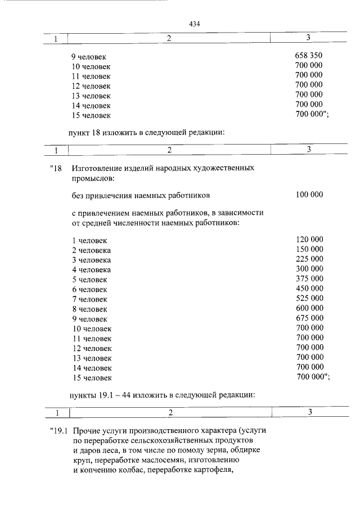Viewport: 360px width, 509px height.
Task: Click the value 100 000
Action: pos(309,195)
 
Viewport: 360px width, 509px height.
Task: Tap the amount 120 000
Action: pos(309,239)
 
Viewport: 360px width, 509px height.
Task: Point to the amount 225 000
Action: pos(309,259)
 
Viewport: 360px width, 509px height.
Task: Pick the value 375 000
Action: pos(309,278)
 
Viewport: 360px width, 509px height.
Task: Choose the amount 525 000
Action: pos(309,298)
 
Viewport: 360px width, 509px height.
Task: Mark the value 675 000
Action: pos(309,318)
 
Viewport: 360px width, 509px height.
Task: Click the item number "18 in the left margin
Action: pos(55,168)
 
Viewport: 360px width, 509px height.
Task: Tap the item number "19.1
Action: pos(57,431)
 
